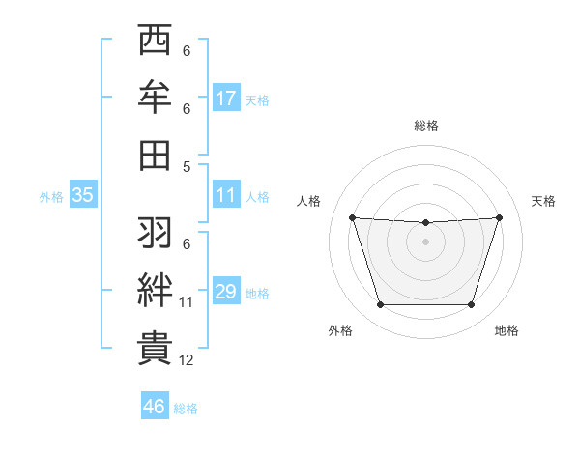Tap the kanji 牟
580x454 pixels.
pyautogui.click(x=156, y=98)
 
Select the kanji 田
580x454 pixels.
pyautogui.click(x=156, y=154)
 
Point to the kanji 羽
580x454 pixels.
pyautogui.click(x=156, y=232)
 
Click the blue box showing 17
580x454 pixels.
pyautogui.click(x=226, y=98)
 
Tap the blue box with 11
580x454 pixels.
pyautogui.click(x=226, y=195)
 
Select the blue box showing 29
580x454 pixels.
pyautogui.click(x=226, y=292)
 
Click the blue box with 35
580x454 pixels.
pyautogui.click(x=83, y=195)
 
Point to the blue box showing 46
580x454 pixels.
pyautogui.click(x=154, y=407)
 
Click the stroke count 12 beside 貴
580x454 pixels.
pyautogui.click(x=187, y=360)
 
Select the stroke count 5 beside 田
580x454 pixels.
pyautogui.click(x=187, y=166)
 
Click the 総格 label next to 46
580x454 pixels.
pyautogui.click(x=186, y=409)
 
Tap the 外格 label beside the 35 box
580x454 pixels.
pyautogui.click(x=51, y=197)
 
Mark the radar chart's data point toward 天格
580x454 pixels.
pyautogui.click(x=499, y=217)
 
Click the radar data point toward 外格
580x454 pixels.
pyautogui.click(x=380, y=305)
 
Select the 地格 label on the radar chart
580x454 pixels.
pyautogui.click(x=507, y=330)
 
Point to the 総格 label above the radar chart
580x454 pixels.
pyautogui.click(x=425, y=126)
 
